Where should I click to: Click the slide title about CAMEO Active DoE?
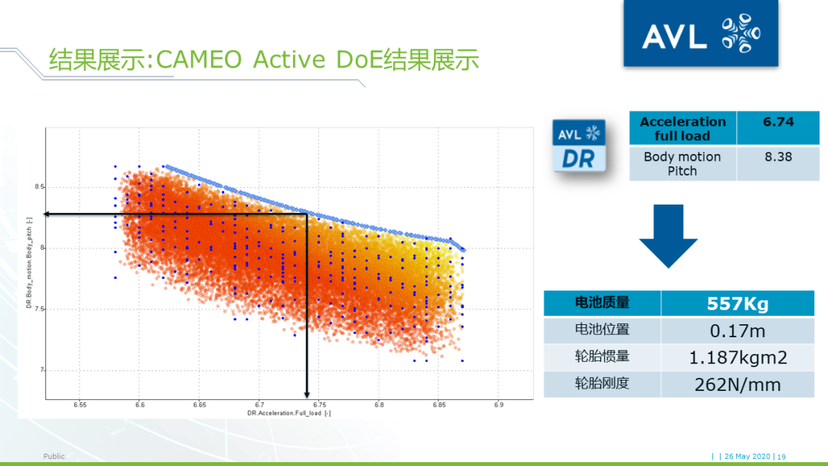pyautogui.click(x=264, y=59)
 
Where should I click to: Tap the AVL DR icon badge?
pyautogui.click(x=579, y=145)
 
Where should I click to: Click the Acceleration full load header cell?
pyautogui.click(x=682, y=128)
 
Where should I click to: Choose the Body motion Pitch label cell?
pyautogui.click(x=682, y=163)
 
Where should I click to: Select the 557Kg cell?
pyautogui.click(x=737, y=304)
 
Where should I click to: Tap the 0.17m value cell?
pyautogui.click(x=737, y=330)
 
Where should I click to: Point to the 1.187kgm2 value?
pyautogui.click(x=737, y=357)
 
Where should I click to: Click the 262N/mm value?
pyautogui.click(x=737, y=384)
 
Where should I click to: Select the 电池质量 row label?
pyautogui.click(x=603, y=304)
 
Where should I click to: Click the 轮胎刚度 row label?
pyautogui.click(x=603, y=384)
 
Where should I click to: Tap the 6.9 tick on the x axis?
pyautogui.click(x=498, y=405)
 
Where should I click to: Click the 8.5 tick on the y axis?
pyautogui.click(x=39, y=187)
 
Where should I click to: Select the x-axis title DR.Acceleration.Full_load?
pyautogui.click(x=289, y=414)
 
